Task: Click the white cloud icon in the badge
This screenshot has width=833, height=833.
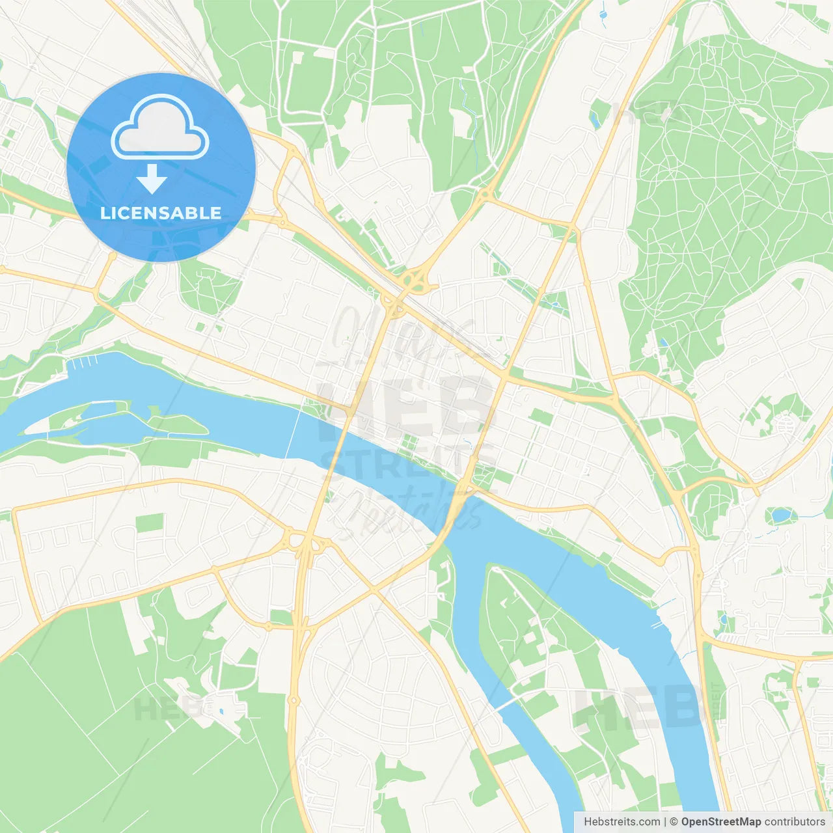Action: point(160,127)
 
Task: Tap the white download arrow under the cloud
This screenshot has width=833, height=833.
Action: point(152,179)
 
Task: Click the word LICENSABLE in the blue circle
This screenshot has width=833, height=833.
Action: point(161,213)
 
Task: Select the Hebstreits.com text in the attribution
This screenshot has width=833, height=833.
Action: point(621,822)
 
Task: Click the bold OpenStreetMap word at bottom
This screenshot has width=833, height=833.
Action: point(720,822)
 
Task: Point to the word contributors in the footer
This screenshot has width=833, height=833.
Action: point(795,822)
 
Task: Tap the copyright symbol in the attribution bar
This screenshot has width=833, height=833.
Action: point(674,822)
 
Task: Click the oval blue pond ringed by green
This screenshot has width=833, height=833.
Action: point(780,516)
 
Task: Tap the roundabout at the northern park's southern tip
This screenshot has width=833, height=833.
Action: point(485,193)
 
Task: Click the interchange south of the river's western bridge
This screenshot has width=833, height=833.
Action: point(306,543)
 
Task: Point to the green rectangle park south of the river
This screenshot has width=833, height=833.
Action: point(150,523)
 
